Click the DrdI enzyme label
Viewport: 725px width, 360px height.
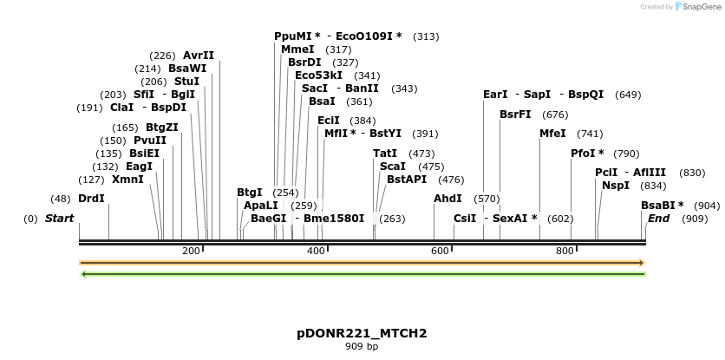point(91,199)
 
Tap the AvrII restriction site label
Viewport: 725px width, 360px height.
point(199,56)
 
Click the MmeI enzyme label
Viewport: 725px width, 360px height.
point(297,49)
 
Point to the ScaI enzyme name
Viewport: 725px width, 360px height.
point(393,167)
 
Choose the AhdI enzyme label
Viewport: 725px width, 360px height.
point(447,199)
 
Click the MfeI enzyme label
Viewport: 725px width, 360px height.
point(552,134)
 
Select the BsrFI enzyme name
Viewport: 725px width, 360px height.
point(516,114)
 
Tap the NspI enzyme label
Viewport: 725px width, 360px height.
point(616,185)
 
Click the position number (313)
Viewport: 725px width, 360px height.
point(426,36)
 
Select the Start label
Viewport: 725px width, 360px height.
point(59,219)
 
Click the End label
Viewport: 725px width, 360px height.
point(658,219)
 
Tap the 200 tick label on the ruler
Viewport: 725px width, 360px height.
point(191,251)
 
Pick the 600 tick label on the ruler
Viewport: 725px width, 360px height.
point(441,251)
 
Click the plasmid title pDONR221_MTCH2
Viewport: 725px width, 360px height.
point(362,333)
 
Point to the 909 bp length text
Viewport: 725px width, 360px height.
point(362,347)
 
